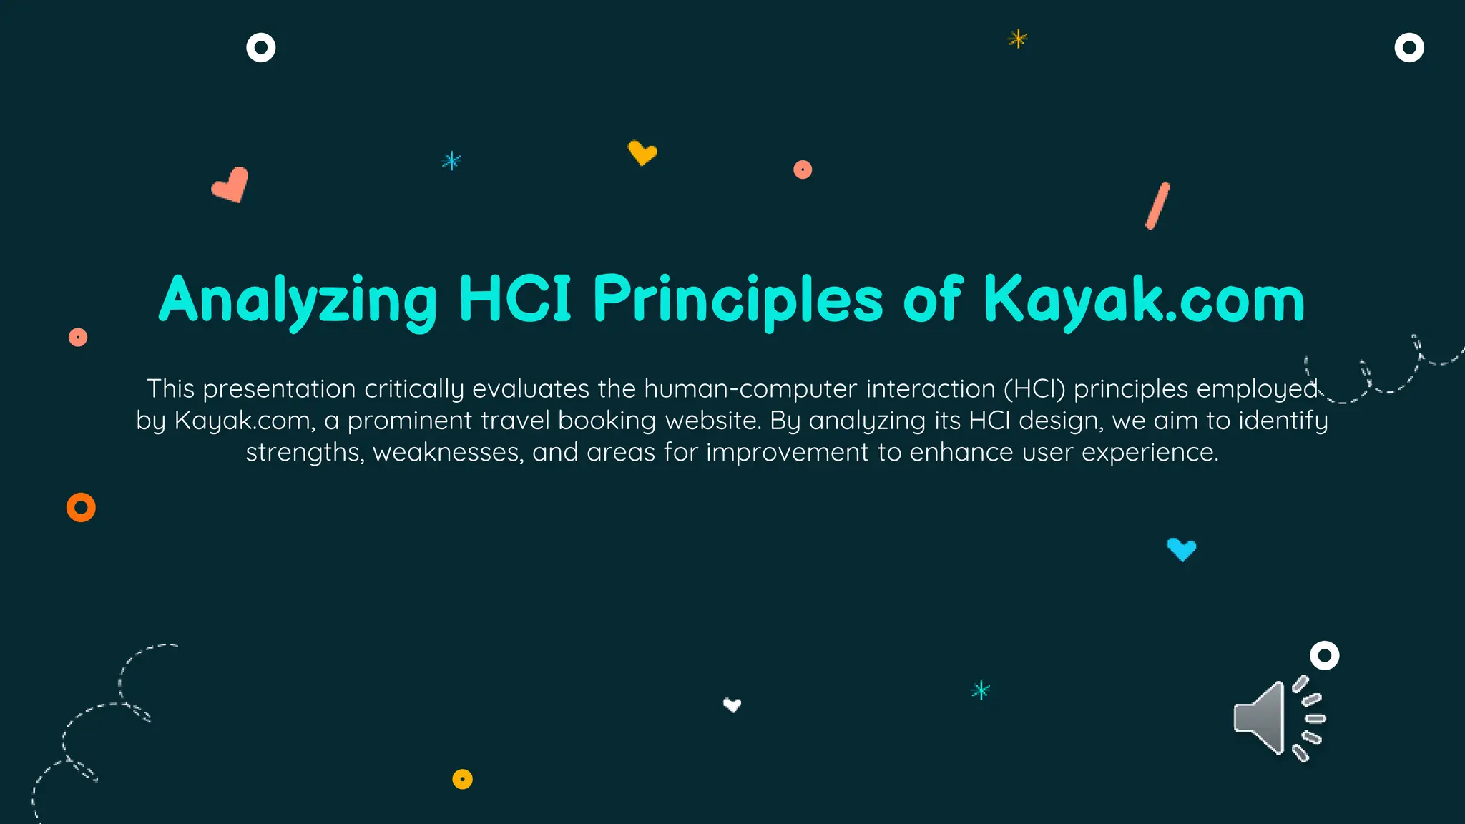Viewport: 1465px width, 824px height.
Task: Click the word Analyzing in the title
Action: (x=298, y=300)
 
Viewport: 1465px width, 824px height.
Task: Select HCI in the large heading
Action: (x=514, y=298)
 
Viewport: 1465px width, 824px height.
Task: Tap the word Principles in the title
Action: (x=738, y=300)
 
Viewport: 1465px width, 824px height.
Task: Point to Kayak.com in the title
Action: (x=1144, y=300)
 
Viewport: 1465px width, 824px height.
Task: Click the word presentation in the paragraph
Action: (x=279, y=389)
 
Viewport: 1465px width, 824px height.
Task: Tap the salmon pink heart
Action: (x=231, y=185)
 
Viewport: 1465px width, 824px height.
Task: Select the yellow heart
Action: (x=642, y=152)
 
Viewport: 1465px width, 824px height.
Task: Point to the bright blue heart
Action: (x=1181, y=549)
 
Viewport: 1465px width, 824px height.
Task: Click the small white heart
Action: (x=732, y=705)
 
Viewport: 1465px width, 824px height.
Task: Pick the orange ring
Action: (x=81, y=508)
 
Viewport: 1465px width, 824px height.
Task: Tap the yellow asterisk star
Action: (x=1017, y=39)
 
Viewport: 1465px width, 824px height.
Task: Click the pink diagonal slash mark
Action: (x=1157, y=206)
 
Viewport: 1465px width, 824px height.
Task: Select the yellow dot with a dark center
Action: (x=462, y=779)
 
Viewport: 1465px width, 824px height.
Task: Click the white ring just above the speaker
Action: (x=1324, y=655)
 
